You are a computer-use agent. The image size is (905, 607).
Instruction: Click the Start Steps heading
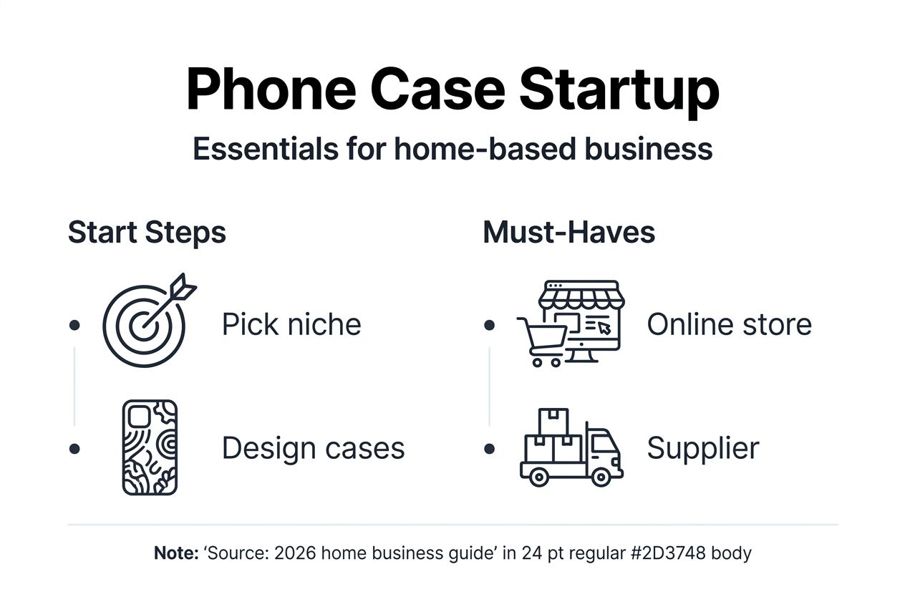pos(147,233)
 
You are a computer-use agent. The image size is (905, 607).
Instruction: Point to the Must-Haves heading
pos(568,233)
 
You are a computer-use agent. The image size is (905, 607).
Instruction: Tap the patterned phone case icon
pos(150,447)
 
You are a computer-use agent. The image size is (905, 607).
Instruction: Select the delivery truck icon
pos(571,450)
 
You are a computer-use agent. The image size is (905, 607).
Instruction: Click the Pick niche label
pos(291,325)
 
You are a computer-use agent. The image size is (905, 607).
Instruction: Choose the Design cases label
pos(313,449)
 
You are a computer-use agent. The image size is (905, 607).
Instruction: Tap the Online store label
pos(729,325)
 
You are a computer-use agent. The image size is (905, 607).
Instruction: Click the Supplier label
pos(702,449)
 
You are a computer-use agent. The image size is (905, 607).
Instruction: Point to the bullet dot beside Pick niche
pos(74,325)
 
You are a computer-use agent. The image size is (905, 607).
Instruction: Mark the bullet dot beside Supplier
pos(489,449)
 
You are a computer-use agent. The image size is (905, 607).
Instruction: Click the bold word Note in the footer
pos(175,553)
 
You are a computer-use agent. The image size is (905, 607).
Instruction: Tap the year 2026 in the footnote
pos(295,553)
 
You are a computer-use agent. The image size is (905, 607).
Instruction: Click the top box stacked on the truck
pos(553,421)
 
